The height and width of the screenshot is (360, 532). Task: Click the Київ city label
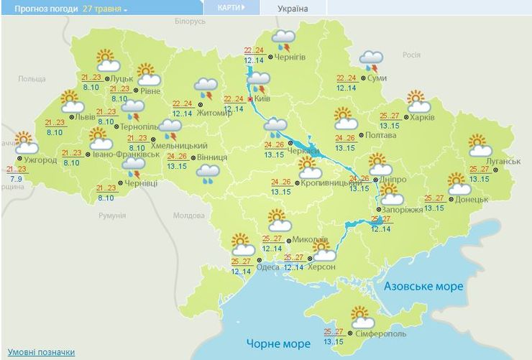(262, 98)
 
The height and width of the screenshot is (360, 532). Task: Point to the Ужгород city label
(40, 160)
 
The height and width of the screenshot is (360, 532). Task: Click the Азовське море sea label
(423, 286)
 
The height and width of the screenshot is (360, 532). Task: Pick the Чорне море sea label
(278, 343)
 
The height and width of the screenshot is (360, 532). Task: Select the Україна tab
(293, 9)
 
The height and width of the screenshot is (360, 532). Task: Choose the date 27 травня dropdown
(107, 9)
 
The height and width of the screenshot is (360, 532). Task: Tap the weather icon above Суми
(371, 62)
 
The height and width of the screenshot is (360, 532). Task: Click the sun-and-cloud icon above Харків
(418, 101)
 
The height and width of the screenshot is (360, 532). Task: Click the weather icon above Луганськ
(479, 145)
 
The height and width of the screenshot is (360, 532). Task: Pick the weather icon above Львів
(71, 101)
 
